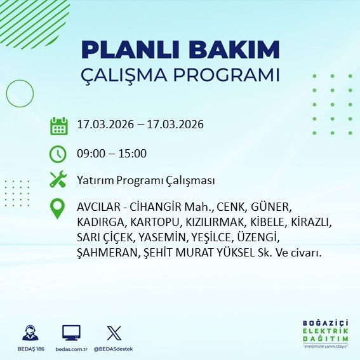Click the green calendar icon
(59, 126)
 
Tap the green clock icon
(58, 154)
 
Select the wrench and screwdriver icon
(58, 180)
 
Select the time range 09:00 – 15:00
(111, 154)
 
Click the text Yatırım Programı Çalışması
(145, 181)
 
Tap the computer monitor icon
(71, 333)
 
